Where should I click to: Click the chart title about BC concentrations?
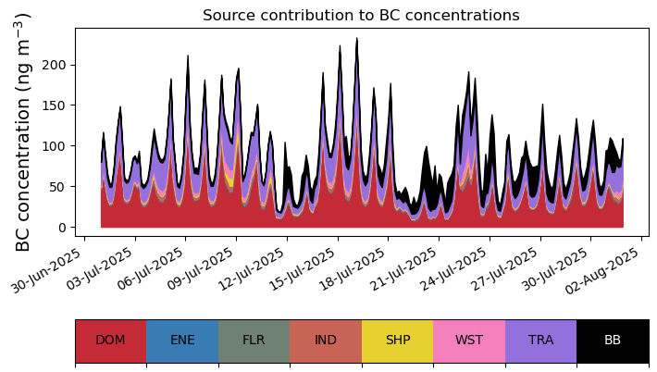pos(361,16)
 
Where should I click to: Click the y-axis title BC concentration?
pos(24,131)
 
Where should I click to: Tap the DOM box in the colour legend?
pos(111,341)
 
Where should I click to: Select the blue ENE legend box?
pos(182,341)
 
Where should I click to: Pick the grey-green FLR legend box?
pos(254,341)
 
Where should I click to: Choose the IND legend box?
pos(326,341)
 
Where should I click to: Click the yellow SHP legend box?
pos(398,341)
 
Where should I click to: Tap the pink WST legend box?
pos(469,341)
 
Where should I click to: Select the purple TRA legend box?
pos(540,341)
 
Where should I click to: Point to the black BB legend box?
pos(613,341)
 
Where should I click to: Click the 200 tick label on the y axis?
pos(55,65)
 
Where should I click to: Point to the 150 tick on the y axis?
pos(55,105)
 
